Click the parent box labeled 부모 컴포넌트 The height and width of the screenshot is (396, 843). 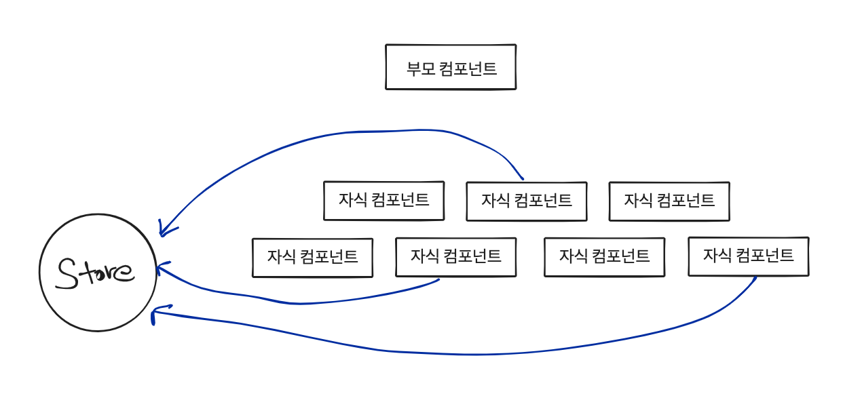(x=451, y=67)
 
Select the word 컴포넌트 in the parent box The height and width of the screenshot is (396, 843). (x=468, y=68)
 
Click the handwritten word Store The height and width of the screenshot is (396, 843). (x=96, y=272)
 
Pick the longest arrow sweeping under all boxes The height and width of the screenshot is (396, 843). (x=475, y=353)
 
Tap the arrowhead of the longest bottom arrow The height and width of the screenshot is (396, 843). (x=155, y=313)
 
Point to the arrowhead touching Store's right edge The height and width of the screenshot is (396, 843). (x=160, y=268)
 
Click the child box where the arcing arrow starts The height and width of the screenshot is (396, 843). (x=526, y=201)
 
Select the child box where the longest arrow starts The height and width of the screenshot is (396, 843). (x=748, y=256)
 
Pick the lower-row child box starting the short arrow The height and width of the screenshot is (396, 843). (x=455, y=257)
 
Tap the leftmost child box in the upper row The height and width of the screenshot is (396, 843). (x=383, y=201)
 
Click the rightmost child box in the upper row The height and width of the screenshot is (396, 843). (x=669, y=201)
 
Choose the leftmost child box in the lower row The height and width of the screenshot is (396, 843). (x=312, y=258)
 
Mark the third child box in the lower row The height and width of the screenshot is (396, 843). (x=604, y=257)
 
